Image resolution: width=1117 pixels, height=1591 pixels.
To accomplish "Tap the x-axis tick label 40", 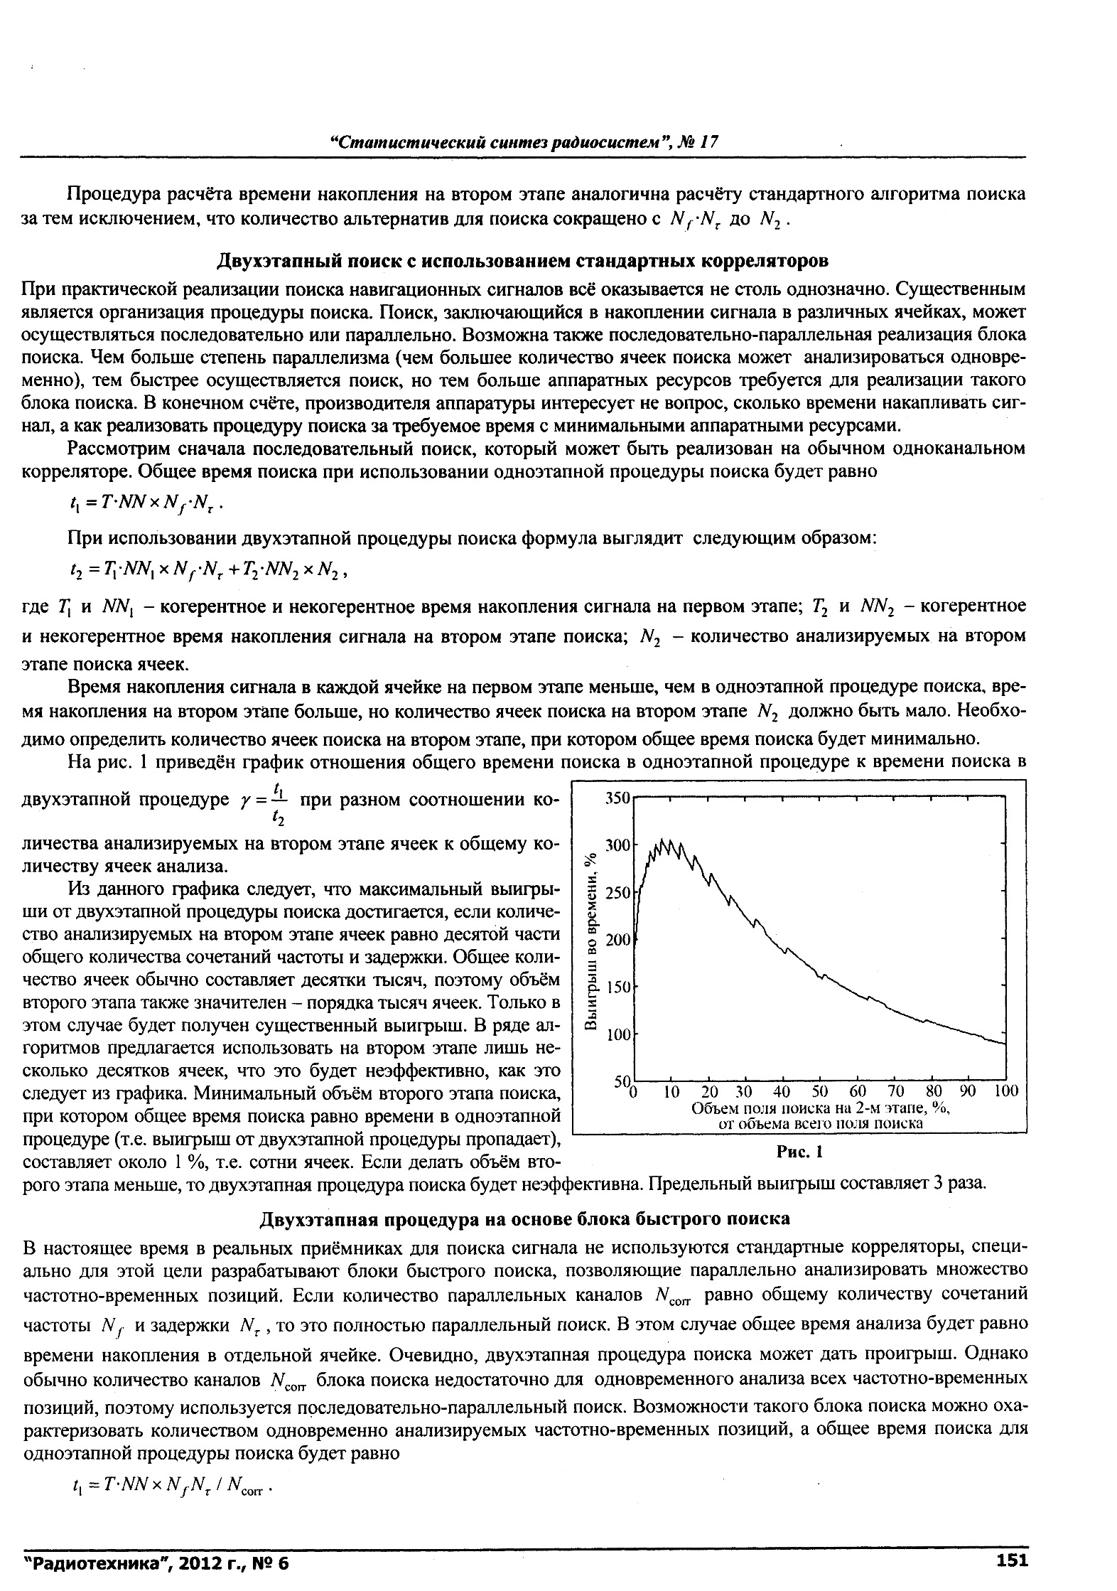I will (x=781, y=1091).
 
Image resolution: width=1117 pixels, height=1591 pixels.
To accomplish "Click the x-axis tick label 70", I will (x=895, y=1091).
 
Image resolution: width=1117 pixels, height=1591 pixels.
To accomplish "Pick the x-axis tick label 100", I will (x=1006, y=1091).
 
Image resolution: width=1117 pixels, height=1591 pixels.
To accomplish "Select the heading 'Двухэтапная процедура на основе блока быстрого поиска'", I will (x=522, y=1219).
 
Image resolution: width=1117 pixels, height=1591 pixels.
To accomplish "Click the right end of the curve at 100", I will (x=1005, y=1044).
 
